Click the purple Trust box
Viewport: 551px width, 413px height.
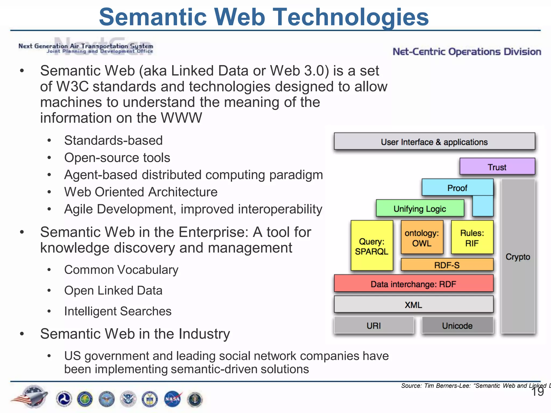497,167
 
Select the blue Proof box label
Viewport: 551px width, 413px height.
457,188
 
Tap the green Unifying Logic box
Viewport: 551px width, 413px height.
420,208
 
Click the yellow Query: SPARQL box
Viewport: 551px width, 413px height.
372,246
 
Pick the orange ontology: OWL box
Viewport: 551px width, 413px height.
422,237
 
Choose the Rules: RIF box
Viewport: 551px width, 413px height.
472,237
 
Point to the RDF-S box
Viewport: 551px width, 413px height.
447,265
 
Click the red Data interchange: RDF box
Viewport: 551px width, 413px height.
413,284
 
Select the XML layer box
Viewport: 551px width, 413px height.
413,304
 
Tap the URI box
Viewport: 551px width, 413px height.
374,325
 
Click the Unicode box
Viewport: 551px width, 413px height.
457,325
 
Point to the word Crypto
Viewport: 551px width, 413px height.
518,257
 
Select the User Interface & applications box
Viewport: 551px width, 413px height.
434,141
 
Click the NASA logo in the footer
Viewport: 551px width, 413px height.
172,399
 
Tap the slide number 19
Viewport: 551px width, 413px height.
538,392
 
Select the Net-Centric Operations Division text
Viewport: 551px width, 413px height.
467,51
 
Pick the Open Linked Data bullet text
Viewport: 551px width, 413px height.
113,290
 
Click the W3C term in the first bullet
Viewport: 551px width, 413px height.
72,87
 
